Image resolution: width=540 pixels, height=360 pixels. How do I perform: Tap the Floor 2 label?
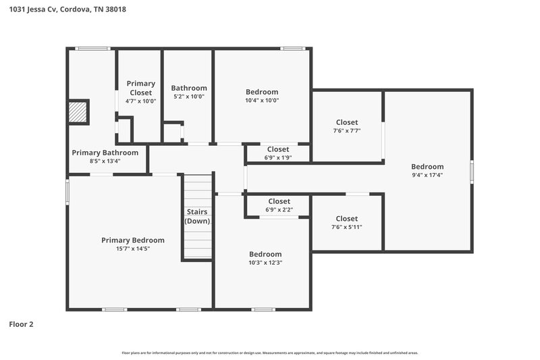21,324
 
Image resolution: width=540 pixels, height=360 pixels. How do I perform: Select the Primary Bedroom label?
133,240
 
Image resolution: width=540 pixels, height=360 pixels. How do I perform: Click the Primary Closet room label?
141,88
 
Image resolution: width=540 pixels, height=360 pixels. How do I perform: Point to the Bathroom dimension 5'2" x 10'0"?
189,97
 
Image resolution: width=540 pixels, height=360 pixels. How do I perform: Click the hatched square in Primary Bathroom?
78,111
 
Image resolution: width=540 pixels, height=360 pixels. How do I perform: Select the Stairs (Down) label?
198,216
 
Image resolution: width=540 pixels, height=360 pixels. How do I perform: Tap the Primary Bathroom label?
105,153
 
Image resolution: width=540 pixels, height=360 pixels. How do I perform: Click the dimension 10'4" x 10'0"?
262,101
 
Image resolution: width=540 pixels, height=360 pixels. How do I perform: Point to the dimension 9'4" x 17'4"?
427,175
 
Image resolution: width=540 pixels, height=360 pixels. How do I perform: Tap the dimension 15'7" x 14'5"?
133,249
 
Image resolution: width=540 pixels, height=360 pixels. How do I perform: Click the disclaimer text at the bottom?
270,353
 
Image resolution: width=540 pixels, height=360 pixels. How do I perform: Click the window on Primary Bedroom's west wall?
67,190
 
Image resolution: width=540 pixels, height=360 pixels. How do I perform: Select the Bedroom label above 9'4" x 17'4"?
427,166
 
